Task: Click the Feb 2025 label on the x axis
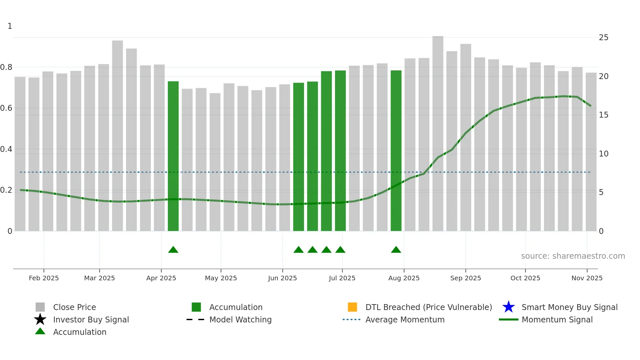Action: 44,278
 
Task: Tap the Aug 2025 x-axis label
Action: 404,278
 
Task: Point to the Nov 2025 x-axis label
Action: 587,278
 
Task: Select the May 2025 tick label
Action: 221,278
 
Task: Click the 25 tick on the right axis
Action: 603,38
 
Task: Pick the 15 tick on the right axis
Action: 603,115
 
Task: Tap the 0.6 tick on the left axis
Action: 6,108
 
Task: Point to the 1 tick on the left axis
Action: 10,26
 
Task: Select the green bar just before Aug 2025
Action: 396,150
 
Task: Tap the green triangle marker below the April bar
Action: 173,250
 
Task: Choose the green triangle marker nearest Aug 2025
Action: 396,250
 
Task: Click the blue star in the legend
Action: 508,307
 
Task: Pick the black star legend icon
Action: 40,319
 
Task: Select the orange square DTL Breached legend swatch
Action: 352,307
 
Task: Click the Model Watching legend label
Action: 240,319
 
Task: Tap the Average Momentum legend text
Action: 405,319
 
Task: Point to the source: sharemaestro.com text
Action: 573,256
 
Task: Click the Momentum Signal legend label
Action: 557,319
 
